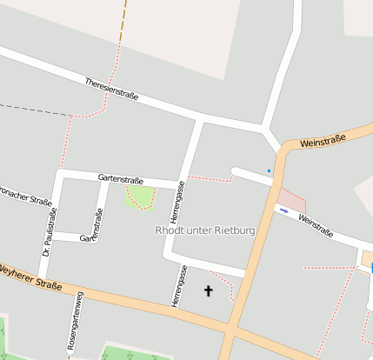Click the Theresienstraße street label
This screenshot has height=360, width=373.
(111, 90)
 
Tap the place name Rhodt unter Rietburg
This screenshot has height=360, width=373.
(204, 230)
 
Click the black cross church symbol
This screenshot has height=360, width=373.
(208, 290)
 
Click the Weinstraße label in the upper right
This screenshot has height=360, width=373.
(322, 140)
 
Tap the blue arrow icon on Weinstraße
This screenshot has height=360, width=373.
(283, 210)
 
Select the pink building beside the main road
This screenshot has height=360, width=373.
(292, 201)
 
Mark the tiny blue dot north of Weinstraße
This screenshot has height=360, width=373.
(269, 170)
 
